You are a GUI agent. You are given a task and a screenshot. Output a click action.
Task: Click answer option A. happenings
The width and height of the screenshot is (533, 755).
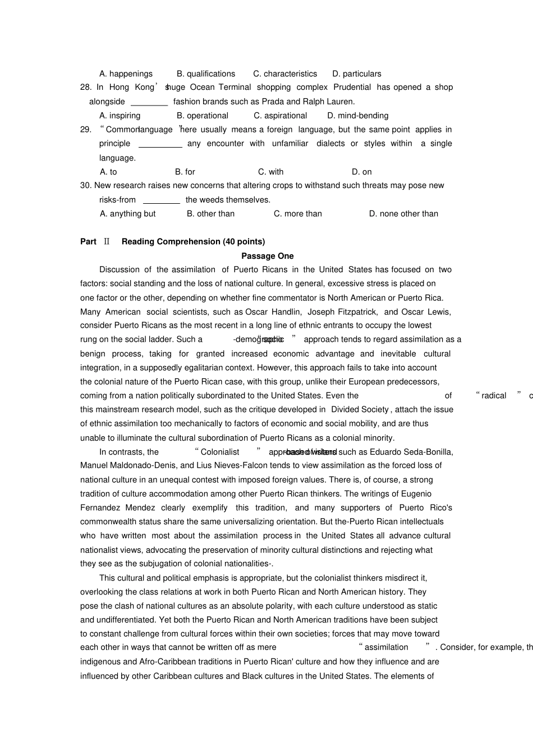coord(126,74)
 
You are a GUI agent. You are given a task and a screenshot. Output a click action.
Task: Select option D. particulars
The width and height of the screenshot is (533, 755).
coord(356,74)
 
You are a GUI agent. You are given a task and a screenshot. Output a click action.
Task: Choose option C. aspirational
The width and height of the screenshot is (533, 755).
coord(280,116)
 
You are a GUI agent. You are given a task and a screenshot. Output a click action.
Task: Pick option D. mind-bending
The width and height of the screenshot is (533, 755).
coord(357,116)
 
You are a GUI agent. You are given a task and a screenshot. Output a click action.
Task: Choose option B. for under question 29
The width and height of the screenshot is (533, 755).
coord(185,172)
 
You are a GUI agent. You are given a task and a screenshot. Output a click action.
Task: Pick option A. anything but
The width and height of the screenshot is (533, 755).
coord(127,214)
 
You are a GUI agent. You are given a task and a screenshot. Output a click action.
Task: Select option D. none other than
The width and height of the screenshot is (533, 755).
coord(403,214)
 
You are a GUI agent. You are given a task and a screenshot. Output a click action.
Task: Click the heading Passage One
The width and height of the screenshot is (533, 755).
coord(267,256)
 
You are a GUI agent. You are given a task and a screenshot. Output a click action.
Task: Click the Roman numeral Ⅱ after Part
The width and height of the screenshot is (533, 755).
coord(107,241)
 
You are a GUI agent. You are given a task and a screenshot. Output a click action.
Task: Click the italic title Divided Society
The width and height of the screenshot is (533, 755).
coord(360,409)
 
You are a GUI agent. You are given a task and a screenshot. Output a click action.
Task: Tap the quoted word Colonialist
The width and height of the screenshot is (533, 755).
coord(220,452)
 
